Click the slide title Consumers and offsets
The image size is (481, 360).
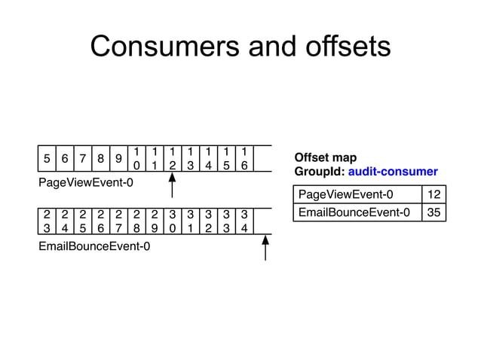pos(240,47)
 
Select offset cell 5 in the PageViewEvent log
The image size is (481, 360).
pos(47,158)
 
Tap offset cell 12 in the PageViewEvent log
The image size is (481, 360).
pos(173,158)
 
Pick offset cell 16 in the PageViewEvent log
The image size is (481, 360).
pos(244,158)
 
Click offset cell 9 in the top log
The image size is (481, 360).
pos(119,158)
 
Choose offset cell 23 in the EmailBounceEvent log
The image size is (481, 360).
pos(47,221)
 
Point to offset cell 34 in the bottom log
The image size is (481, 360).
pos(244,221)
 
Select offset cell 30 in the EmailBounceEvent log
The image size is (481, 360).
pos(173,221)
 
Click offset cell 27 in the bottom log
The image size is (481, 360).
pos(119,221)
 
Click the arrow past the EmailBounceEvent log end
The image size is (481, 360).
pos(266,248)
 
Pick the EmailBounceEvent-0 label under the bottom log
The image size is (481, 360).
pos(93,246)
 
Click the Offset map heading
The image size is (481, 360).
pos(325,157)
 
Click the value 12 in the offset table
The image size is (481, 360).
pos(434,196)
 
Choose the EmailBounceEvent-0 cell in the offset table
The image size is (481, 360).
pos(354,213)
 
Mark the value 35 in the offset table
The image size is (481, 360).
pos(434,213)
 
